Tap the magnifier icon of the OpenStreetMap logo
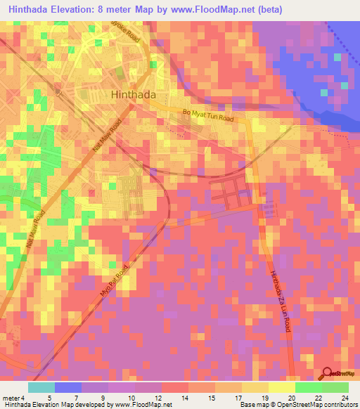click(327, 375)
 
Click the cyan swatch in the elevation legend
click(41, 387)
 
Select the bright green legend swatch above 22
click(309, 387)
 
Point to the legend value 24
click(344, 398)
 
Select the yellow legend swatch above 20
click(282, 387)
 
